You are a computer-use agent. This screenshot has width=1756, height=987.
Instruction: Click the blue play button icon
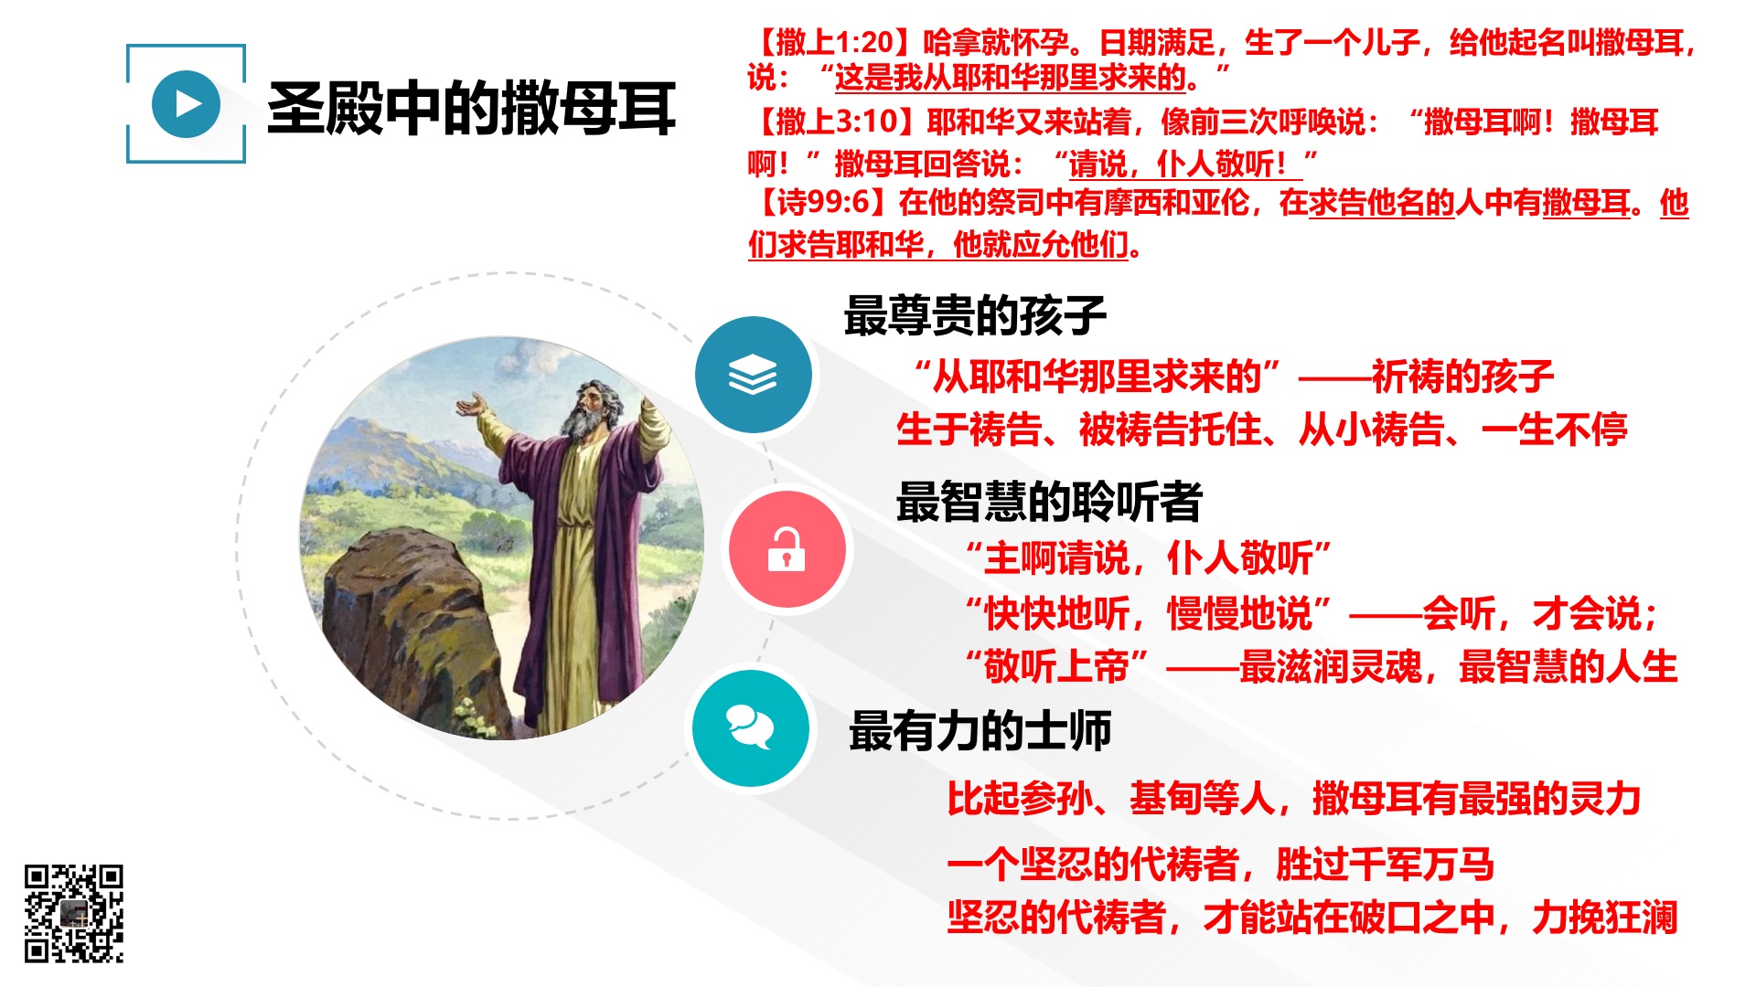coord(187,104)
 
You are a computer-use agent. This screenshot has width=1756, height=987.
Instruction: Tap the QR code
coord(74,913)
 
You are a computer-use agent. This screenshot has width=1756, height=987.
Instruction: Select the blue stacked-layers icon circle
coord(753,375)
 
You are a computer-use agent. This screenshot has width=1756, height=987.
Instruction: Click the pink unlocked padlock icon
coord(787,549)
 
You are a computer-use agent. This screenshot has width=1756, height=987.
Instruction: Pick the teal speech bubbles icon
coord(750,728)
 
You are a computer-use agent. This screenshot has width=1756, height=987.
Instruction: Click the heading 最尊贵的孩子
coord(975,315)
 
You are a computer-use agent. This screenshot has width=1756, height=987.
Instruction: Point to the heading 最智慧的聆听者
coord(1049,502)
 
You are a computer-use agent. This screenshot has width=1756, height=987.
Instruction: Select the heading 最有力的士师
coord(980,731)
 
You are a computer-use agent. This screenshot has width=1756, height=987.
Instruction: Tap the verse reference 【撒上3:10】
coord(835,122)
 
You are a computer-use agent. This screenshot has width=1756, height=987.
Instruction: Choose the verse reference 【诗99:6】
coord(821,202)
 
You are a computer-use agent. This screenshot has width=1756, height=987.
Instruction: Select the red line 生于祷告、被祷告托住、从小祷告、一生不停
coord(1262,430)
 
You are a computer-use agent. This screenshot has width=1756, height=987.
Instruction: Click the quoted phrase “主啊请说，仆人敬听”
coord(1149,557)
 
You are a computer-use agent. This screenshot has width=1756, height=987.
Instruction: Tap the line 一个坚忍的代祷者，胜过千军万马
coord(1221,864)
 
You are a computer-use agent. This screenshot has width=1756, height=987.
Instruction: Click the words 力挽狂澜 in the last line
coord(1605,917)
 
